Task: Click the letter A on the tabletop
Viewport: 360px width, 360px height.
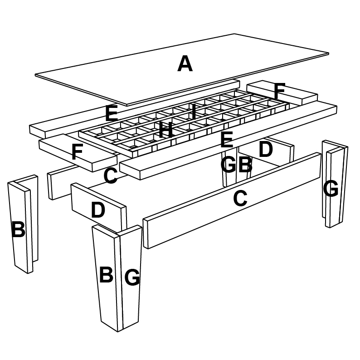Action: point(185,63)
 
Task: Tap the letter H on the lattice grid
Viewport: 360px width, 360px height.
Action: point(165,131)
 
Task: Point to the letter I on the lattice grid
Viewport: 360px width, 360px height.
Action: point(194,112)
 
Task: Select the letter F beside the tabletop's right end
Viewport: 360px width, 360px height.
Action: point(279,92)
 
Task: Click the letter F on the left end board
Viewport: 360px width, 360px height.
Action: point(77,152)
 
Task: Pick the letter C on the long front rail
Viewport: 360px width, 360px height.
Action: point(240,199)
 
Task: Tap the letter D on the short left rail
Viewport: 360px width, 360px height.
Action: point(98,210)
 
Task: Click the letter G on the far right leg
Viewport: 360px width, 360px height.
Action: point(331,189)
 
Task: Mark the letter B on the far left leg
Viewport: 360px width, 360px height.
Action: point(18,230)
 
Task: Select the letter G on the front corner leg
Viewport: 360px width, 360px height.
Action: point(132,277)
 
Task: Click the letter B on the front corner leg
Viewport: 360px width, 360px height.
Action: point(106,275)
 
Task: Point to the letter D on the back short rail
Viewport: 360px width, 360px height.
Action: point(265,149)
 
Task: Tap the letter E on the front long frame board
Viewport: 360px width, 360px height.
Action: point(226,140)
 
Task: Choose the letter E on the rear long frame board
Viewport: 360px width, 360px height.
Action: point(112,113)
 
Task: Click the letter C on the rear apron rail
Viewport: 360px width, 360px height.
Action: point(111,176)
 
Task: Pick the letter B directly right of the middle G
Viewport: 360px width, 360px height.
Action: point(245,165)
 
